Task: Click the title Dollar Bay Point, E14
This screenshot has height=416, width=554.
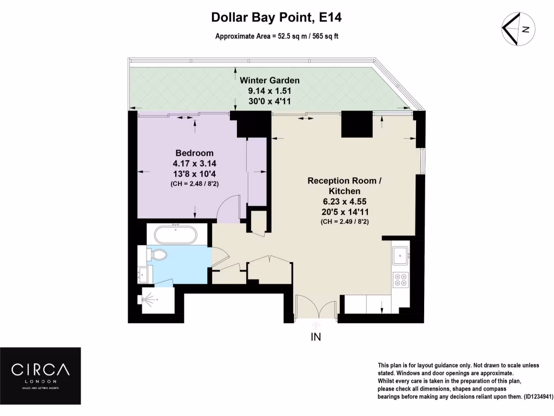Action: [276, 18]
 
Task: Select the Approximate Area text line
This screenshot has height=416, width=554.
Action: [276, 37]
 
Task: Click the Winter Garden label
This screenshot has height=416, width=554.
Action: [269, 80]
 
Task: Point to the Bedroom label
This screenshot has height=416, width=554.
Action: [194, 153]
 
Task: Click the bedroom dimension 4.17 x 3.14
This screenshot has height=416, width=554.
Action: [194, 162]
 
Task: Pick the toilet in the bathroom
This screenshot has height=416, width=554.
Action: [156, 255]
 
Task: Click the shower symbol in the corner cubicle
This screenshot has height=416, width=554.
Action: [150, 299]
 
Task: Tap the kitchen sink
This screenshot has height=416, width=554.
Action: [401, 254]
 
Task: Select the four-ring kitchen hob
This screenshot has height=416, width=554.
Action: [401, 279]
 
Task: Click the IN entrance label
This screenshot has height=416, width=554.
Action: [316, 337]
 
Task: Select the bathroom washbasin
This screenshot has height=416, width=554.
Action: [144, 274]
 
